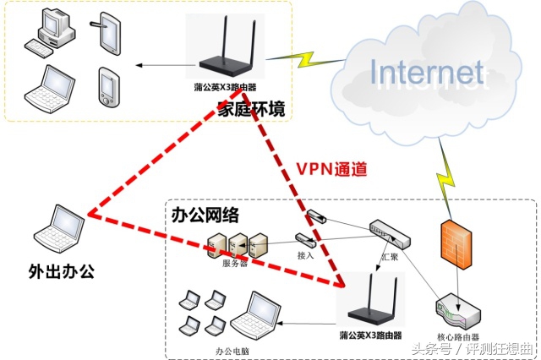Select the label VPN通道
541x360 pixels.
[331, 168]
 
